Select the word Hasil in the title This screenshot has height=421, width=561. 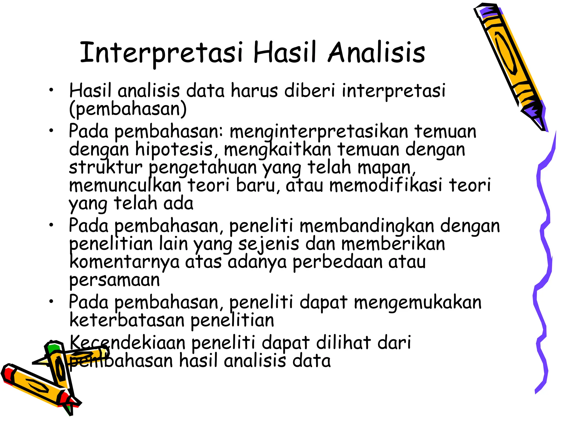(285, 52)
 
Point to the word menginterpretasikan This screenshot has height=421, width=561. (319, 132)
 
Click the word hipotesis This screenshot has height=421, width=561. (174, 150)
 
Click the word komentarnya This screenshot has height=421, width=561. (124, 262)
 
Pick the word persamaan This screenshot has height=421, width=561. (115, 280)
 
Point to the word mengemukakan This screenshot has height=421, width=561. (417, 302)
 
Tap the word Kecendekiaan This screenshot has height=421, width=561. (128, 343)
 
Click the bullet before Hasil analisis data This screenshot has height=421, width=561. (51, 90)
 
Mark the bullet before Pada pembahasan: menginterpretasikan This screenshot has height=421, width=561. (51, 131)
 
